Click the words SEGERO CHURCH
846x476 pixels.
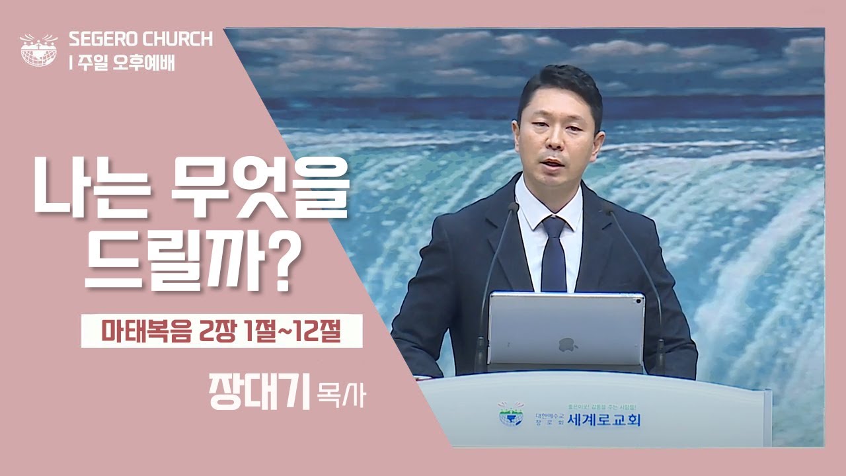click(141, 39)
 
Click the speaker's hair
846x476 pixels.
click(559, 86)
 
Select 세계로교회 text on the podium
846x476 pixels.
click(603, 418)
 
